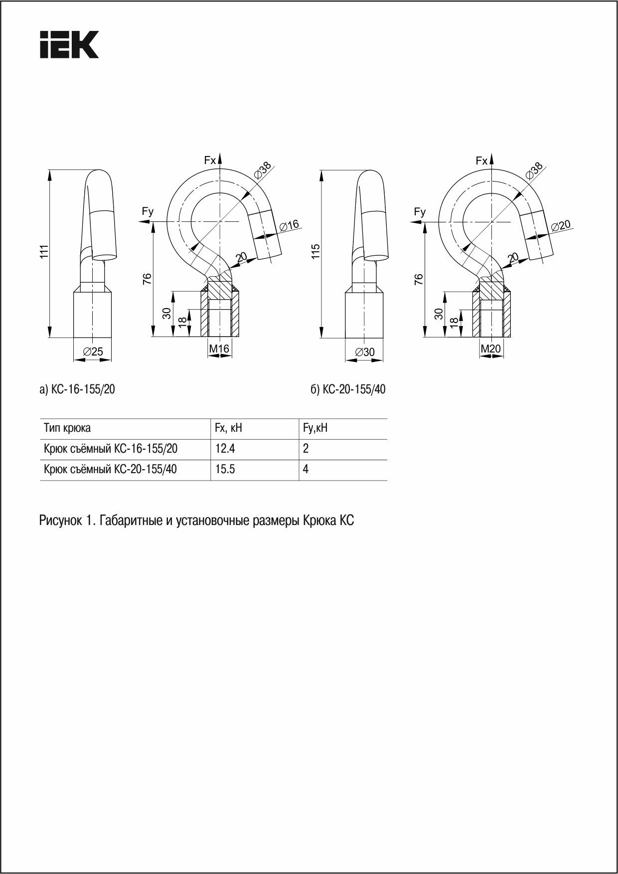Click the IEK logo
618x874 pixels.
point(69,44)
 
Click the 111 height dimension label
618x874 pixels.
point(44,251)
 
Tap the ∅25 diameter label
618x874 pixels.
point(93,351)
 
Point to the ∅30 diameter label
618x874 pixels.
point(364,352)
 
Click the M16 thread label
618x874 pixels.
point(219,349)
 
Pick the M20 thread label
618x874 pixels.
point(490,349)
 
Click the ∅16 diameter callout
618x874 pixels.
point(289,225)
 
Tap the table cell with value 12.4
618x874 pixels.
point(225,449)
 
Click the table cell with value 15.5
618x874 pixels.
point(225,469)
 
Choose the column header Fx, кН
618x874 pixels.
point(228,428)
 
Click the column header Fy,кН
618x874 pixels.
point(315,428)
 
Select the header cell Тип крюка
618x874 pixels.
point(67,428)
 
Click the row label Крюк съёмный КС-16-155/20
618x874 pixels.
point(111,449)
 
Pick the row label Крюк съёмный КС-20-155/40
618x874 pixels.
point(111,469)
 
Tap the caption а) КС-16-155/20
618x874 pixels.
point(77,389)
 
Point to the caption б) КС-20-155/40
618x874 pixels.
point(348,389)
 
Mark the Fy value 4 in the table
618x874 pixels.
point(306,469)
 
